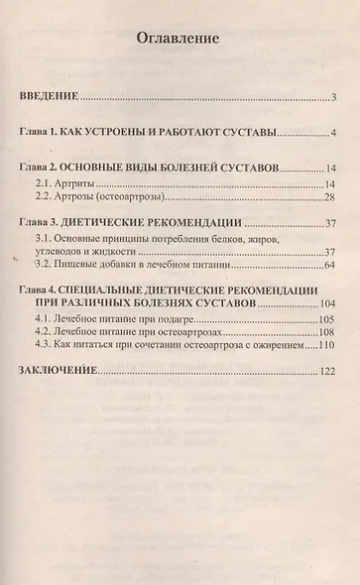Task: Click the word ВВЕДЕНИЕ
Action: coord(51,97)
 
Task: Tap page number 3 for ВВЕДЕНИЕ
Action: coord(336,97)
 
